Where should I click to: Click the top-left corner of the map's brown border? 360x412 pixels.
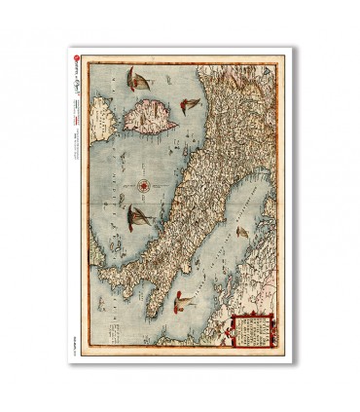tap(82, 56)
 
